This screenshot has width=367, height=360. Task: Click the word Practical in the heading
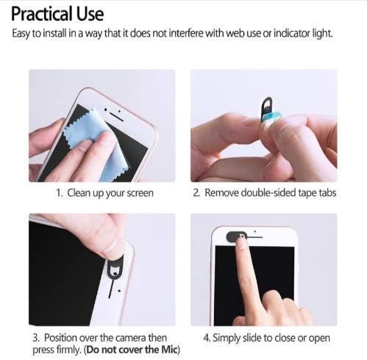[42, 14]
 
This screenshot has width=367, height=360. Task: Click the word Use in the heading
[90, 14]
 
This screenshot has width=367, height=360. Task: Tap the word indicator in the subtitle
[292, 33]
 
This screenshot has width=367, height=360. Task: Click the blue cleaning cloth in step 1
[98, 145]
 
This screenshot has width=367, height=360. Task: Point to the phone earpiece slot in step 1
[116, 116]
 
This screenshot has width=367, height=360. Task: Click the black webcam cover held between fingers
[267, 108]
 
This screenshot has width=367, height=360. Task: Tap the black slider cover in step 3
[115, 267]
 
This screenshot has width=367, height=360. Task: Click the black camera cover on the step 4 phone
[236, 237]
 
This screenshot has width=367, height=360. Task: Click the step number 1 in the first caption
[59, 193]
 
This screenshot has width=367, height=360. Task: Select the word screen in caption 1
[140, 193]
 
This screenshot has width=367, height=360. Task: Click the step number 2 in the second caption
[196, 192]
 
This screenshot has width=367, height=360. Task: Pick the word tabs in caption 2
[327, 192]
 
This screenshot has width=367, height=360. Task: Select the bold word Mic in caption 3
[168, 350]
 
